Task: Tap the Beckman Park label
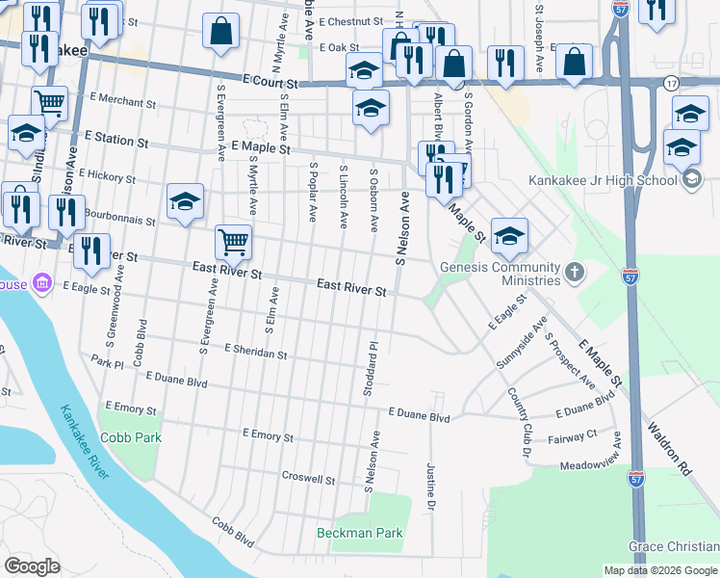360,533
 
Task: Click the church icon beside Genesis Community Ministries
575,273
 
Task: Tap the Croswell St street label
308,478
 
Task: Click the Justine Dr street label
430,485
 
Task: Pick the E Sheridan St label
256,352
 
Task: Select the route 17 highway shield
669,84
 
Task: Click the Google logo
33,566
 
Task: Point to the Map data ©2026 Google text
660,570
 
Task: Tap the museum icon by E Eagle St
41,283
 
